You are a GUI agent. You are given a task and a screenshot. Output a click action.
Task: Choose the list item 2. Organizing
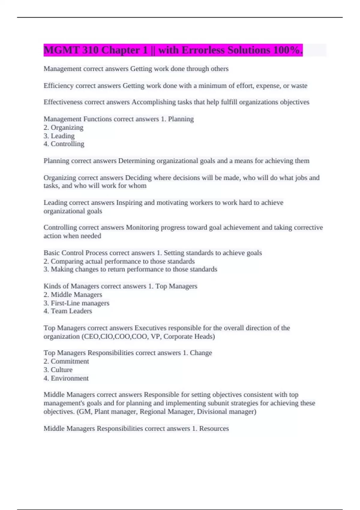(64, 127)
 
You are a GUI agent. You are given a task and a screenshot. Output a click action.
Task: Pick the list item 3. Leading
(59, 136)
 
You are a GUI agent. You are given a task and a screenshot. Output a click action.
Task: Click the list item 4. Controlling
(64, 144)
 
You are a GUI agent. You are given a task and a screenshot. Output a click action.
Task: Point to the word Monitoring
(142, 228)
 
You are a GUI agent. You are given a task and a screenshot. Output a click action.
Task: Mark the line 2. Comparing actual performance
(119, 261)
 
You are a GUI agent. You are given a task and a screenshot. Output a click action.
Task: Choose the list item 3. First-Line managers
(76, 303)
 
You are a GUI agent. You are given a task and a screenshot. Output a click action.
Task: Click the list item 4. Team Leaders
(68, 311)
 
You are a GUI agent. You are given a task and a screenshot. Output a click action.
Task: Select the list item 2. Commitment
(66, 361)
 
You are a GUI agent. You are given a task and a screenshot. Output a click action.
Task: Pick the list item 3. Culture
(58, 370)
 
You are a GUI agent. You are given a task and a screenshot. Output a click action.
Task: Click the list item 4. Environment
(66, 378)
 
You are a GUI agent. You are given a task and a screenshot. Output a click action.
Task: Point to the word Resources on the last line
(214, 429)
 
